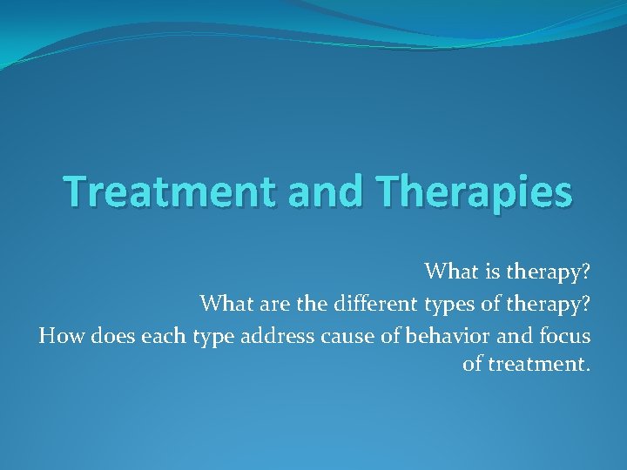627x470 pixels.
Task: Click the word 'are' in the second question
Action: point(269,304)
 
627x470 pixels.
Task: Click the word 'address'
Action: point(273,335)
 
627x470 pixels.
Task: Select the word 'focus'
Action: point(564,335)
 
